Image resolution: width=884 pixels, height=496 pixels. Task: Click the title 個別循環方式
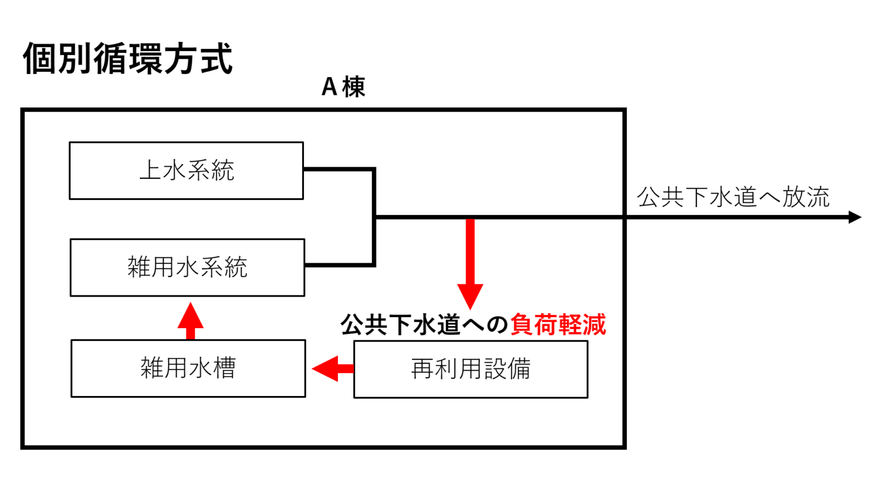coord(128,59)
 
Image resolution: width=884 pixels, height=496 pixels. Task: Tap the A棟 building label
coord(343,87)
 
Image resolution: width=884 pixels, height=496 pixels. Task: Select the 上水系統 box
coord(186,171)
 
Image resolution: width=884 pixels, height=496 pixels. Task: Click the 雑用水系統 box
coord(187,267)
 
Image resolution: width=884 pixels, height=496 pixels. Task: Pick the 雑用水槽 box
coord(188,368)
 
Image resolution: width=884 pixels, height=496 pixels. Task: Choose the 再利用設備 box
coord(470,369)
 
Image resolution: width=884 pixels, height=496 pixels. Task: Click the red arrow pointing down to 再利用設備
coord(470,264)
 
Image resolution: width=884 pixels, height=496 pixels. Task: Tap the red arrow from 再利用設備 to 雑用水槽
coord(333,368)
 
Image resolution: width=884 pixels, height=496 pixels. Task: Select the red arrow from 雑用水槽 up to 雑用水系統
coord(190,321)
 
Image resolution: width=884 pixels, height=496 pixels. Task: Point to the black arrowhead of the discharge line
coord(855,217)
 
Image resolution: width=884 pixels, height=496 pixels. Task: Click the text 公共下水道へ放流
coord(733,197)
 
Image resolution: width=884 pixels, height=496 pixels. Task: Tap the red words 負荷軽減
coord(558,325)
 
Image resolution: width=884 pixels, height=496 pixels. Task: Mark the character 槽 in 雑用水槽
coord(224,368)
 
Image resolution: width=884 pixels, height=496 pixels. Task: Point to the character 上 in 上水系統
coord(150,171)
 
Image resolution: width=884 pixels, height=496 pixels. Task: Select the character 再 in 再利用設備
coord(422,369)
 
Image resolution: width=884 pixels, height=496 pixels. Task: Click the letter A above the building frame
coord(329,87)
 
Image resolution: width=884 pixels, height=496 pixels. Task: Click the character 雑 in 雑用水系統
coord(139,267)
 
